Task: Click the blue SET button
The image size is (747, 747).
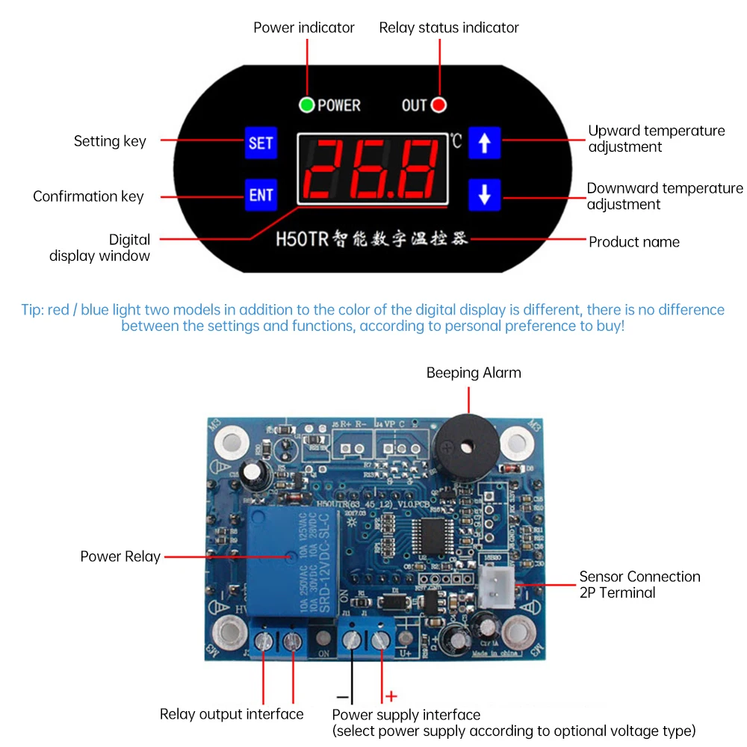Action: [261, 142]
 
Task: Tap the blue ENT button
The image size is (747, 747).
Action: [261, 195]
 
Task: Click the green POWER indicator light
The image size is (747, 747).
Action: [306, 105]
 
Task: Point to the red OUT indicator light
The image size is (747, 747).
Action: [439, 105]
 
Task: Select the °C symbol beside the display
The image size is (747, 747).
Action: [456, 140]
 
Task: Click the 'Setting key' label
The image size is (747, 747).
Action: [110, 141]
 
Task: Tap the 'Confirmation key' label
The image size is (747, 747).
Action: [88, 196]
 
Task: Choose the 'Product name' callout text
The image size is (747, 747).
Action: [634, 241]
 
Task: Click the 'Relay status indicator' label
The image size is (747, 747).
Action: [449, 28]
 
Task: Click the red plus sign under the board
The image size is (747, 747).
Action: [391, 696]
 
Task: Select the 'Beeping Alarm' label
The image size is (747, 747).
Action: [474, 373]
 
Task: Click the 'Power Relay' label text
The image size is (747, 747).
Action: [120, 557]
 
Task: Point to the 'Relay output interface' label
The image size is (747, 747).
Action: [232, 714]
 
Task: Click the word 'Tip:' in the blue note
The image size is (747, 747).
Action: [33, 309]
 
